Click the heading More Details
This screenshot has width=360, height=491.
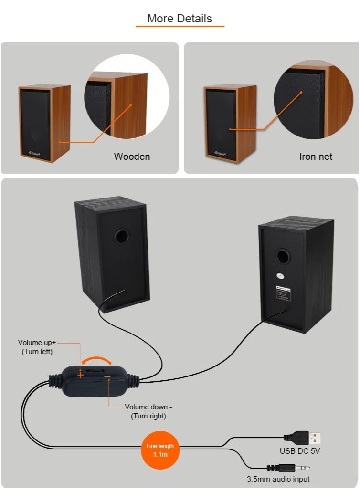(180, 19)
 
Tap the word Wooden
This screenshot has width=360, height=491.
(132, 157)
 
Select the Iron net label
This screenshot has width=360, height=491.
(316, 157)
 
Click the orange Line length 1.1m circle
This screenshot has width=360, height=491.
(160, 450)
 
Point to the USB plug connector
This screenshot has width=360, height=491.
(303, 437)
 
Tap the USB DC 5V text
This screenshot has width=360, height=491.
(300, 451)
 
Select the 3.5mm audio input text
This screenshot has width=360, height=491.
(278, 479)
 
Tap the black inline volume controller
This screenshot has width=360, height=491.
(94, 379)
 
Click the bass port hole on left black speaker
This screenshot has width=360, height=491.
(122, 236)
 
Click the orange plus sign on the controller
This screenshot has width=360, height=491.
(80, 375)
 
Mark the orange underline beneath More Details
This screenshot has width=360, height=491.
(180, 26)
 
